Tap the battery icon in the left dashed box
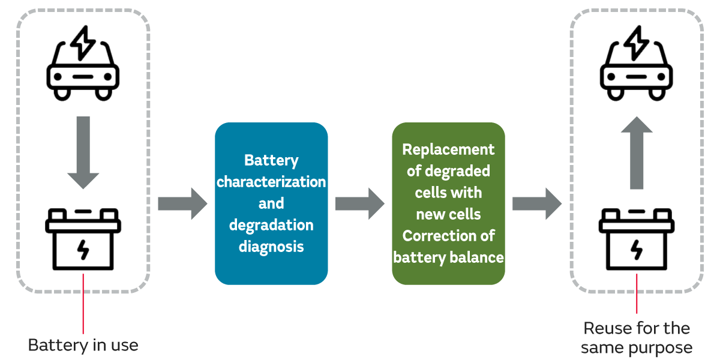coord(83,240)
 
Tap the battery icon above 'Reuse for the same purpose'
coord(636,240)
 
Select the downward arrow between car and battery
coord(83,153)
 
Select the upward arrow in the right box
coord(636,153)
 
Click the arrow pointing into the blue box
coord(182,203)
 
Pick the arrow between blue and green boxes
coord(359,203)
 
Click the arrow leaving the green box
coord(536,203)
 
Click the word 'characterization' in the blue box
coord(271,182)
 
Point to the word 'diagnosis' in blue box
coord(271,247)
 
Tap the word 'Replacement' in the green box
coord(448,149)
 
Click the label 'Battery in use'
coord(83,346)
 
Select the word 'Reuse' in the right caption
coord(607,328)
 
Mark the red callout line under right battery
coord(636,294)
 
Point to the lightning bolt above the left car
coord(83,41)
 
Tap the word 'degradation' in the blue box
coord(271,225)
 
